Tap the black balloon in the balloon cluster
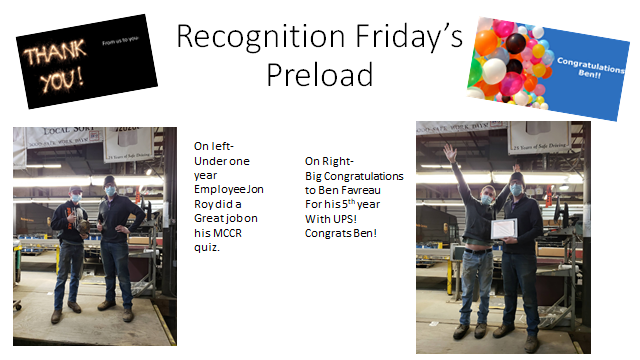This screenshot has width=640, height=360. coord(518,45)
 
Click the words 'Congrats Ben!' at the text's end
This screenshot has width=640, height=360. coord(339,233)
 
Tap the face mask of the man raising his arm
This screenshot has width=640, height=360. coord(485,198)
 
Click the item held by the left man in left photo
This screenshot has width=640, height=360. coord(71,211)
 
